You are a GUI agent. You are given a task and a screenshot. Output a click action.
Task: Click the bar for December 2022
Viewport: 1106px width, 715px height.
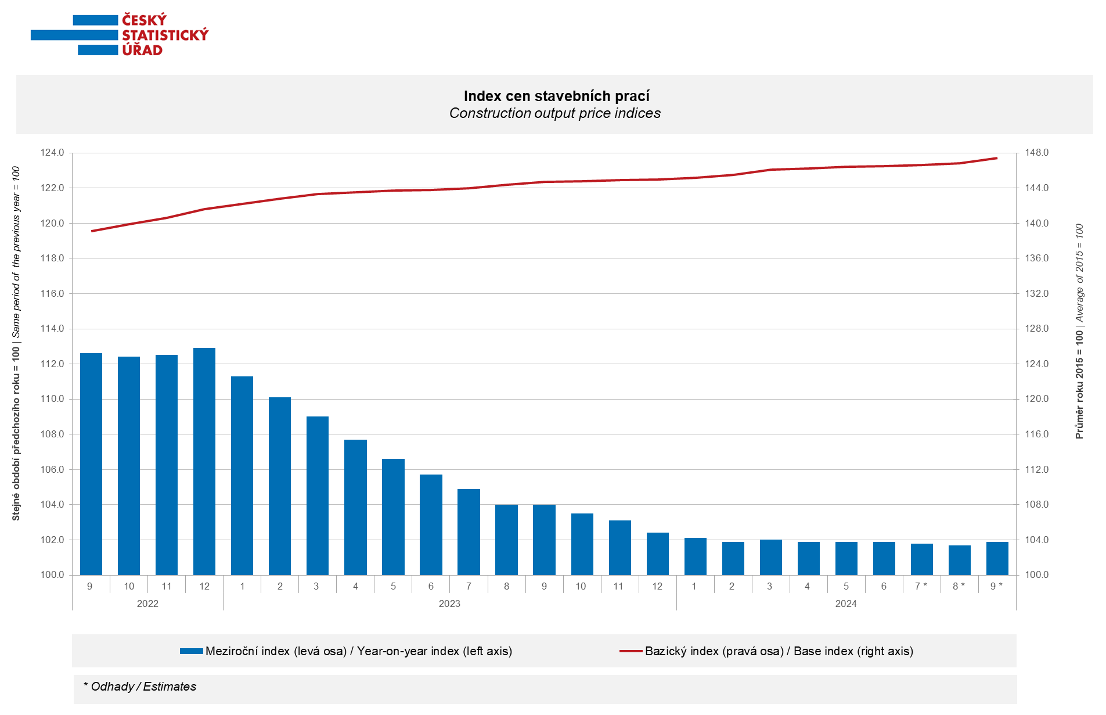[x=204, y=462]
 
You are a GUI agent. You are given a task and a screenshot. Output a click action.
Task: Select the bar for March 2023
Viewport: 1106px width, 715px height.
[x=318, y=495]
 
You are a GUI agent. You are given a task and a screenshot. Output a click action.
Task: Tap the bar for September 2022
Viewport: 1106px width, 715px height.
[x=91, y=464]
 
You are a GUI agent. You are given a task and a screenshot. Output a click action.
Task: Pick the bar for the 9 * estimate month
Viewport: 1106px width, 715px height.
[x=997, y=558]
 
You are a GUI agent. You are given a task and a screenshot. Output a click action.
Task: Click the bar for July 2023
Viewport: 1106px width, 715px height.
[x=469, y=532]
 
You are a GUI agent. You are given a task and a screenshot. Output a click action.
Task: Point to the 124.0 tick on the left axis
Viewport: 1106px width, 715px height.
[x=52, y=153]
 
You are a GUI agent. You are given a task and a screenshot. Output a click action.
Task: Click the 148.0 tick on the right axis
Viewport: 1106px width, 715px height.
[x=1036, y=153]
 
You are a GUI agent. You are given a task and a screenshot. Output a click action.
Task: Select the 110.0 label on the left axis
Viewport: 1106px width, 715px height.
[x=52, y=399]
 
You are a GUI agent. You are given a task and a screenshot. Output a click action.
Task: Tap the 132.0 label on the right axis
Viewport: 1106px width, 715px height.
[x=1036, y=294]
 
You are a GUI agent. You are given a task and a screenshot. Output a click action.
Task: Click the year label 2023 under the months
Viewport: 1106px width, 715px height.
[x=449, y=604]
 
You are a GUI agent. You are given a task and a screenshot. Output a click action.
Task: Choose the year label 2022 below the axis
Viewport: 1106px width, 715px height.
[x=147, y=604]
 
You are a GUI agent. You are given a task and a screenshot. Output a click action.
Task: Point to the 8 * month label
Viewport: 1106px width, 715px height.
[x=959, y=587]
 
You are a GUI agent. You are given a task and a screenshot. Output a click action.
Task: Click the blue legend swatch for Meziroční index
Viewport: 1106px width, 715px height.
[x=191, y=651]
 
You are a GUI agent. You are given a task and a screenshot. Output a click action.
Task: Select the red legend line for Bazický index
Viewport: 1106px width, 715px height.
[x=631, y=651]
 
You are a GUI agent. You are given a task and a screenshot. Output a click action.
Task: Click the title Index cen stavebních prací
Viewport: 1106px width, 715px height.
[x=556, y=96]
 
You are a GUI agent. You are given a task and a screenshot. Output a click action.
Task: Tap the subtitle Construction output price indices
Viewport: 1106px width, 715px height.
[x=555, y=113]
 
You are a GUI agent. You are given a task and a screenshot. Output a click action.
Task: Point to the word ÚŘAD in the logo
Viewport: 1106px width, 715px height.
[x=142, y=51]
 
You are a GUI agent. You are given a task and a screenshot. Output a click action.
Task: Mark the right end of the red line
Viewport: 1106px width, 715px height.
[x=997, y=158]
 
